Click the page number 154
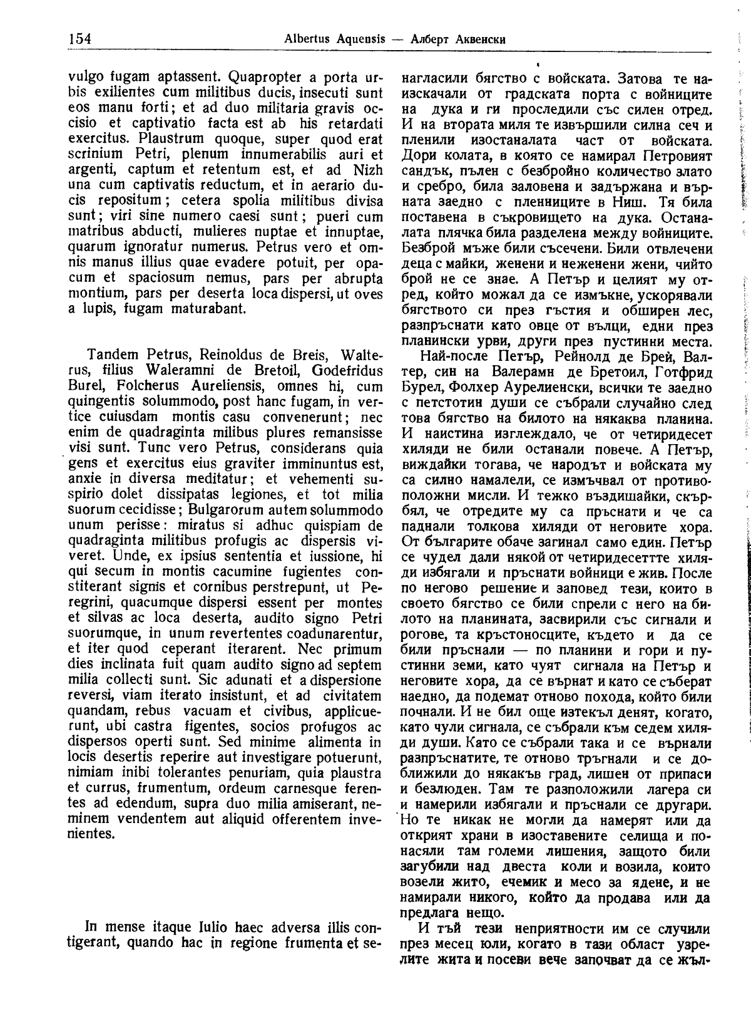(x=79, y=39)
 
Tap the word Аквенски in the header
(x=478, y=39)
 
